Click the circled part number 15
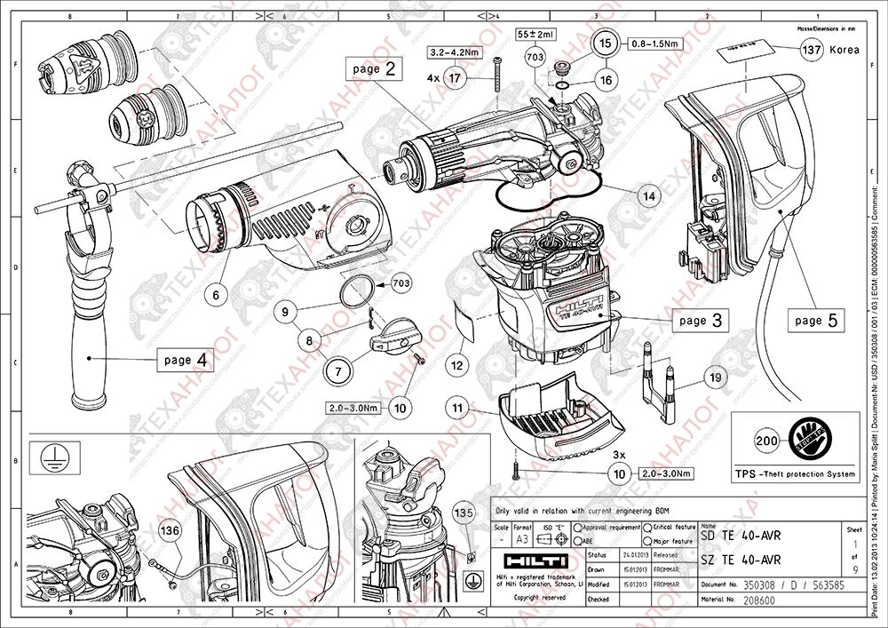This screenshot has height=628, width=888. [x=605, y=43]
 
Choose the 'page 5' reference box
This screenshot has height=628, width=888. [x=815, y=320]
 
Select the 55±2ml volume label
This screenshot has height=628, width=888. [x=535, y=34]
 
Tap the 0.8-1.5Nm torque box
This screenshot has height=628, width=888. [x=655, y=43]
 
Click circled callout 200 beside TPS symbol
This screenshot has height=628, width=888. [x=766, y=439]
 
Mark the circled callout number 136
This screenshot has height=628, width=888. [x=170, y=530]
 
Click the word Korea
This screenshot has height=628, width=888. [x=844, y=51]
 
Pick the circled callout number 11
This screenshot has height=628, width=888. [x=458, y=408]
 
